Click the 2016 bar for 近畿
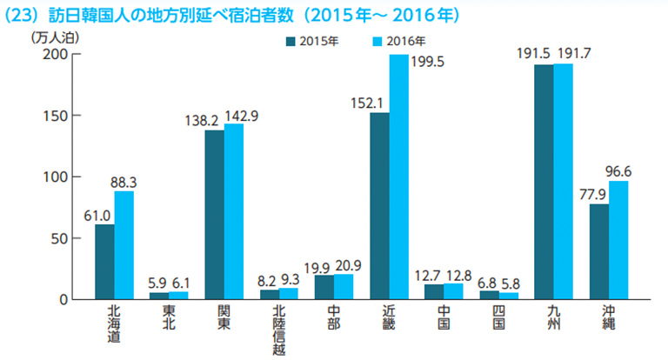click(398, 177)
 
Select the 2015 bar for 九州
click(544, 182)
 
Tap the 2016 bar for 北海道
click(124, 245)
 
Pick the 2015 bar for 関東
click(215, 215)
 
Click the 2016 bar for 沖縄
click(618, 240)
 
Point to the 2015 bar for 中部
click(324, 287)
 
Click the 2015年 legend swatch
click(291, 42)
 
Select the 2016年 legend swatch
click(377, 42)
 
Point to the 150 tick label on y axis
click(56, 116)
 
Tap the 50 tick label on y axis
click(60, 238)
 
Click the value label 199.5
click(427, 63)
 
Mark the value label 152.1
click(367, 103)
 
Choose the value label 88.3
click(124, 183)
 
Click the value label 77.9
click(592, 195)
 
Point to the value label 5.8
click(510, 283)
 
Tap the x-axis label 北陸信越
click(278, 330)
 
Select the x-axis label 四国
click(498, 317)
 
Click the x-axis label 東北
click(169, 317)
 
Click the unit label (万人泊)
click(55, 38)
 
